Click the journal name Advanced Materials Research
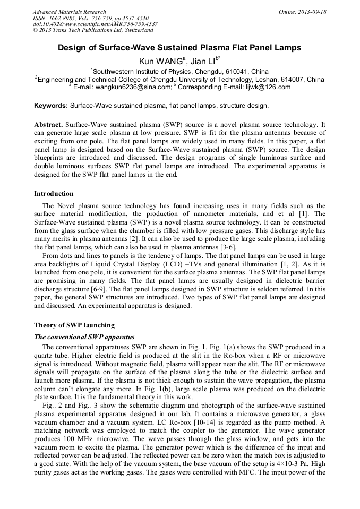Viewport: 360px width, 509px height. coord(69,12)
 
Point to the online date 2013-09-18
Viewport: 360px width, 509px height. coord(311,12)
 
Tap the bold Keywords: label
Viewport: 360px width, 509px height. coord(51,106)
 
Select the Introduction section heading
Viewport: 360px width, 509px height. coord(54,193)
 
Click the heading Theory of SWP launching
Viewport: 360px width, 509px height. coord(74,325)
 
